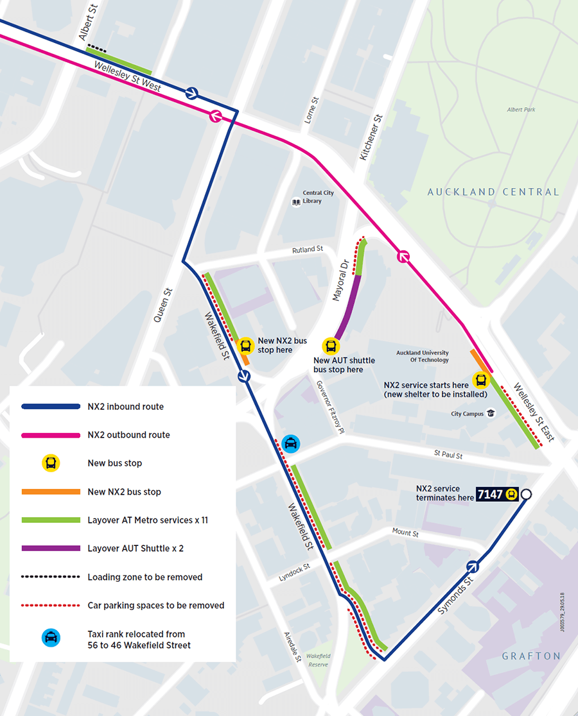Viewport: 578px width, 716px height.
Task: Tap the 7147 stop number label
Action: point(491,494)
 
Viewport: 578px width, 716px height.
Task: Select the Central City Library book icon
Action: point(296,202)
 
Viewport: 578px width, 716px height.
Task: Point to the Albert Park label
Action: point(521,110)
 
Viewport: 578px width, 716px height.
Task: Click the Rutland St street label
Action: point(308,249)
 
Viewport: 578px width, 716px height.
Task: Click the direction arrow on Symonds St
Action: point(473,567)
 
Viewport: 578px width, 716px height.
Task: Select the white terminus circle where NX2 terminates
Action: point(527,494)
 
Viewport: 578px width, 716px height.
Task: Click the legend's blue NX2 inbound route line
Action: point(51,407)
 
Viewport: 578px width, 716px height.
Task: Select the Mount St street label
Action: point(405,533)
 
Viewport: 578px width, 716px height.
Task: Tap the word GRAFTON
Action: point(531,656)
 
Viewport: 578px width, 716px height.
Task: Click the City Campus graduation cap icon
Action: point(491,414)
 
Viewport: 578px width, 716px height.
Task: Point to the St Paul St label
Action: point(448,455)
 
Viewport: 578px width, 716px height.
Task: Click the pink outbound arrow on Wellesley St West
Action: point(215,116)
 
